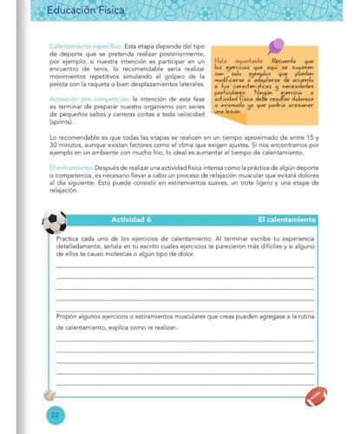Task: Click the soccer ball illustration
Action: (54, 222)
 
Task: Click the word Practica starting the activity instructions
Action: (73, 237)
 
